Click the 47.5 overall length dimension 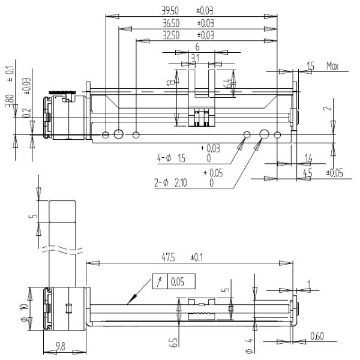tap(168, 257)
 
